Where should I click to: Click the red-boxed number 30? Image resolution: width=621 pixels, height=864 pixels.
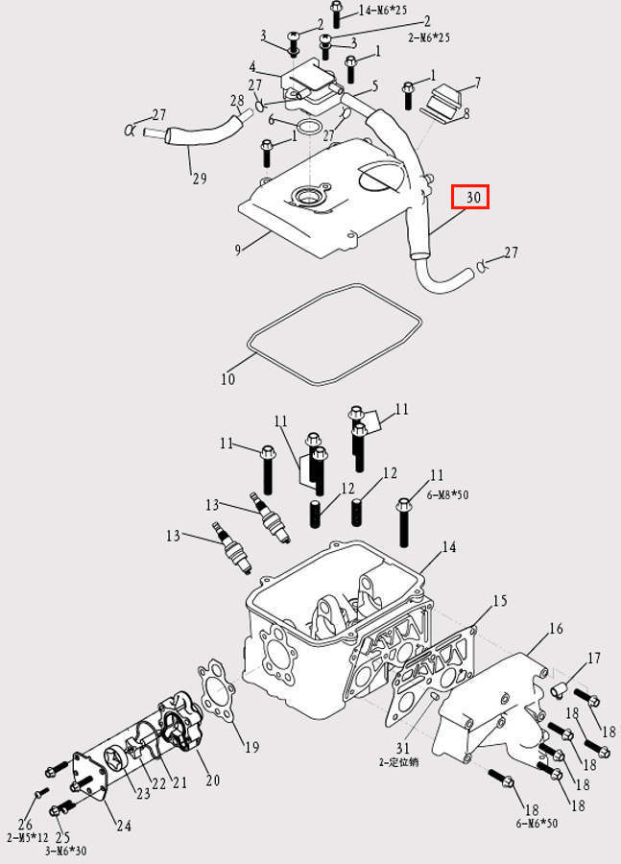[471, 198]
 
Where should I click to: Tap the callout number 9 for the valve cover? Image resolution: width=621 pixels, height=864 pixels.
[237, 250]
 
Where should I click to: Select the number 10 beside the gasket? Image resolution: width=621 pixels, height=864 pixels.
[227, 379]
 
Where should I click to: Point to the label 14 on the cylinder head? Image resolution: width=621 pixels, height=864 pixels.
[448, 548]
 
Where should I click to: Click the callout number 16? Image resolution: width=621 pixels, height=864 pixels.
[555, 630]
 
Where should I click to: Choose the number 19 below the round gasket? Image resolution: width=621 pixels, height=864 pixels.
[251, 748]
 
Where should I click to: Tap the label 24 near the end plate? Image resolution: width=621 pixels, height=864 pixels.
[124, 826]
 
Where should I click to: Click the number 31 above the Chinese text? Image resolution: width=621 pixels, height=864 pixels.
[403, 748]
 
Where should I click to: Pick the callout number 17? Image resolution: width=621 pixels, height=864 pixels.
[594, 659]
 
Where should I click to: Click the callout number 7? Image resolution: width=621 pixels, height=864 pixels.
[477, 84]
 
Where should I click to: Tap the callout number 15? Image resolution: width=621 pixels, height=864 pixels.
[499, 601]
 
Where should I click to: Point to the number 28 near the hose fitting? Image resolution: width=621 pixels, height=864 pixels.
[237, 101]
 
